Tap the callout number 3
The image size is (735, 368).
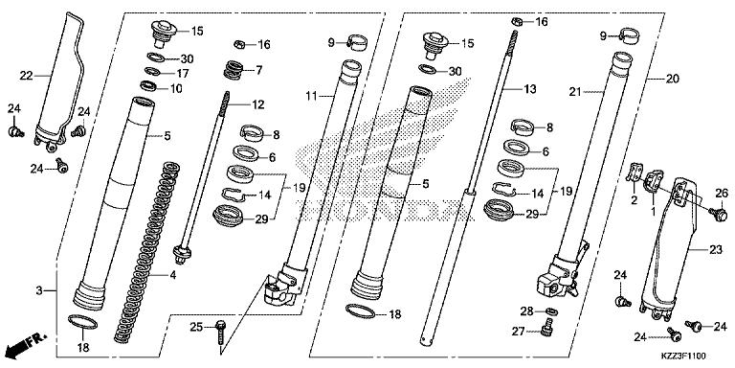pyautogui.click(x=38, y=288)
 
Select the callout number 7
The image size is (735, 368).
pyautogui.click(x=258, y=70)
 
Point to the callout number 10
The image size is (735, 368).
pyautogui.click(x=177, y=89)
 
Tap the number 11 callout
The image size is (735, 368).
pyautogui.click(x=311, y=96)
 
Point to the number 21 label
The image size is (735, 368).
pyautogui.click(x=576, y=92)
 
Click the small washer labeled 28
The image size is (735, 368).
pyautogui.click(x=552, y=311)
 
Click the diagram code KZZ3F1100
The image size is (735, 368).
pyautogui.click(x=702, y=356)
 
